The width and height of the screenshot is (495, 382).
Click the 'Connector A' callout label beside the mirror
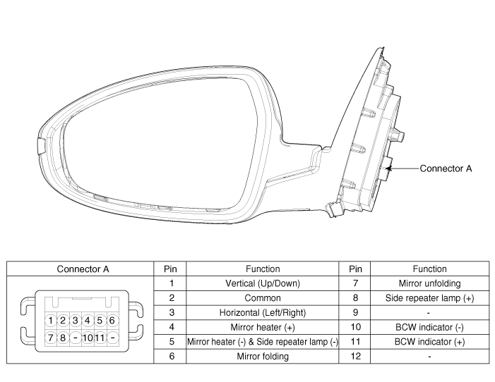446,168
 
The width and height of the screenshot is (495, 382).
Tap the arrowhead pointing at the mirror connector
390,168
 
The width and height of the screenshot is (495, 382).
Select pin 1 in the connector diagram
51,321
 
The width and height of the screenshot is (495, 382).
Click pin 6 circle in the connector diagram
112,321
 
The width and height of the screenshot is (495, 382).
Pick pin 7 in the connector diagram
51,338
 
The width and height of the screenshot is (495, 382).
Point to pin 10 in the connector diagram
88,338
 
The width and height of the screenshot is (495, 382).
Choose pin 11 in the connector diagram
100,338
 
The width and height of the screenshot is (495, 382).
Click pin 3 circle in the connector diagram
75,321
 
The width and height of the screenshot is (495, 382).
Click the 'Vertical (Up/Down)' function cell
263,283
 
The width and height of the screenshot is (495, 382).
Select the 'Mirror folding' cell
263,356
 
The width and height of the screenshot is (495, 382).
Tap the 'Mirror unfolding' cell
429,283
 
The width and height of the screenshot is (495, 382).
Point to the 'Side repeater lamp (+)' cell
429,298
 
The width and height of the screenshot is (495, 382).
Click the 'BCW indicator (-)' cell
429,327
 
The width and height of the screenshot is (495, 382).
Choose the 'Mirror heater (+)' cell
263,327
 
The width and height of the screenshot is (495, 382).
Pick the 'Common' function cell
263,298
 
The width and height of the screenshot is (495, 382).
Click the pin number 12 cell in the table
355,356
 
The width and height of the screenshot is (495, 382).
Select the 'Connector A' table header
83,269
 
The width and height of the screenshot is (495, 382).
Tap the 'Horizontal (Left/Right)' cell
263,313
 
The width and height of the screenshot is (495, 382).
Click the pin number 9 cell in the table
355,313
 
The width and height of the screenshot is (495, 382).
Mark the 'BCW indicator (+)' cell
429,342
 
